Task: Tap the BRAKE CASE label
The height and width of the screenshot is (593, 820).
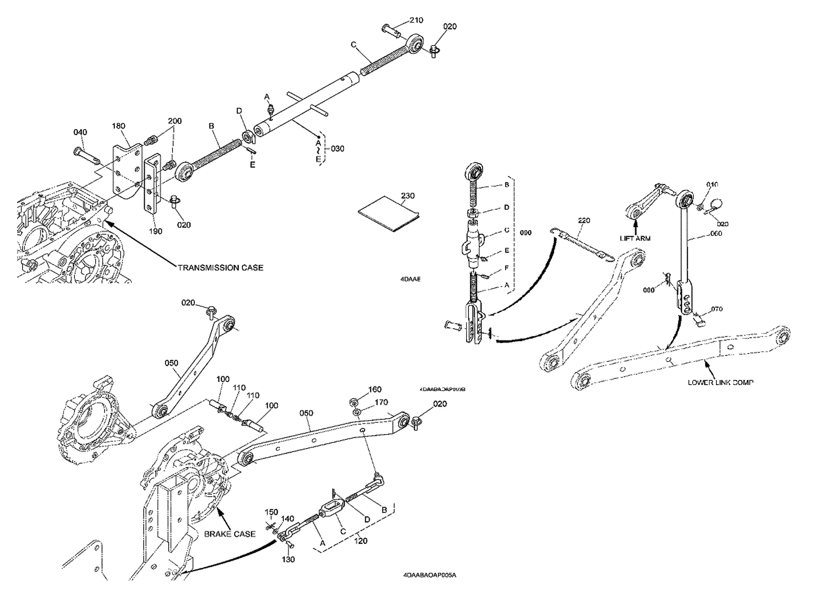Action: point(230,534)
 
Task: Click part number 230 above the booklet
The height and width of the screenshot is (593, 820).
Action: point(408,196)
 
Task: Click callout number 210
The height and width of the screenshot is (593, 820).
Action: point(416,20)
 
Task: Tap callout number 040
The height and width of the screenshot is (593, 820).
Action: point(80,132)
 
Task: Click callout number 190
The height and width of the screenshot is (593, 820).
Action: point(155,231)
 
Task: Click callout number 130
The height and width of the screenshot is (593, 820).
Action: point(288,560)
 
